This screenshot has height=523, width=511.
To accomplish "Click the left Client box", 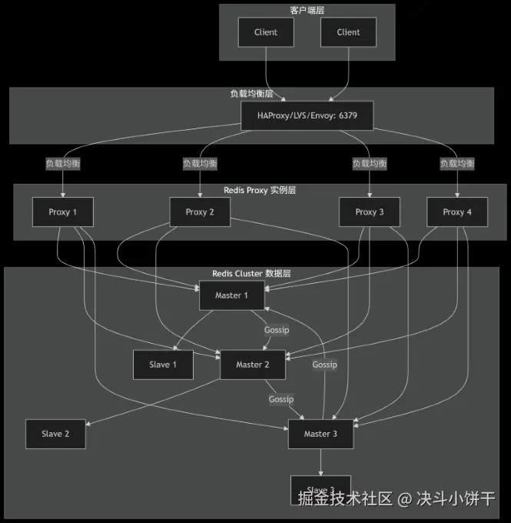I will tap(266, 32).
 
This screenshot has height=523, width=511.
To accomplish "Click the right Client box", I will tap(348, 32).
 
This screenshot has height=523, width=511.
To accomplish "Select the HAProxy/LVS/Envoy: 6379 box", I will tap(307, 116).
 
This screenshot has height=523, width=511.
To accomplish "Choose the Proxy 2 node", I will tap(200, 212).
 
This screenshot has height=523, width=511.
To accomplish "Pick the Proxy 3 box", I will tap(370, 212).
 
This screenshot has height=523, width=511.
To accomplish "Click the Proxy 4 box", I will tap(457, 212).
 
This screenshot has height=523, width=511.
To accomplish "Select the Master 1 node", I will tap(232, 296).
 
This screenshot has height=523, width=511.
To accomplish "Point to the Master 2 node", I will tap(253, 365).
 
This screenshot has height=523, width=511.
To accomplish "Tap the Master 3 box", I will tap(320, 434).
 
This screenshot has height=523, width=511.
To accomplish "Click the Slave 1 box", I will tap(163, 365).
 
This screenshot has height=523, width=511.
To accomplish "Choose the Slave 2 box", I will tap(55, 434).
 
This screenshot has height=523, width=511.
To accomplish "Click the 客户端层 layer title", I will tap(307, 10).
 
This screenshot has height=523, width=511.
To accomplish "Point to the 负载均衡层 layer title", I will tap(251, 94).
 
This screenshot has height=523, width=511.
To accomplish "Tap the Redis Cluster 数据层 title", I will tap(251, 274).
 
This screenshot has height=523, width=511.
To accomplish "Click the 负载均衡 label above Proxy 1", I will tap(62, 164).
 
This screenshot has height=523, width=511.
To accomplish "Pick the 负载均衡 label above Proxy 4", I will tap(457, 164).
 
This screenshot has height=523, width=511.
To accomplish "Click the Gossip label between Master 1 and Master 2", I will tap(277, 330).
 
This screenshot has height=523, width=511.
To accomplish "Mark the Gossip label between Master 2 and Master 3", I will tap(281, 399).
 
